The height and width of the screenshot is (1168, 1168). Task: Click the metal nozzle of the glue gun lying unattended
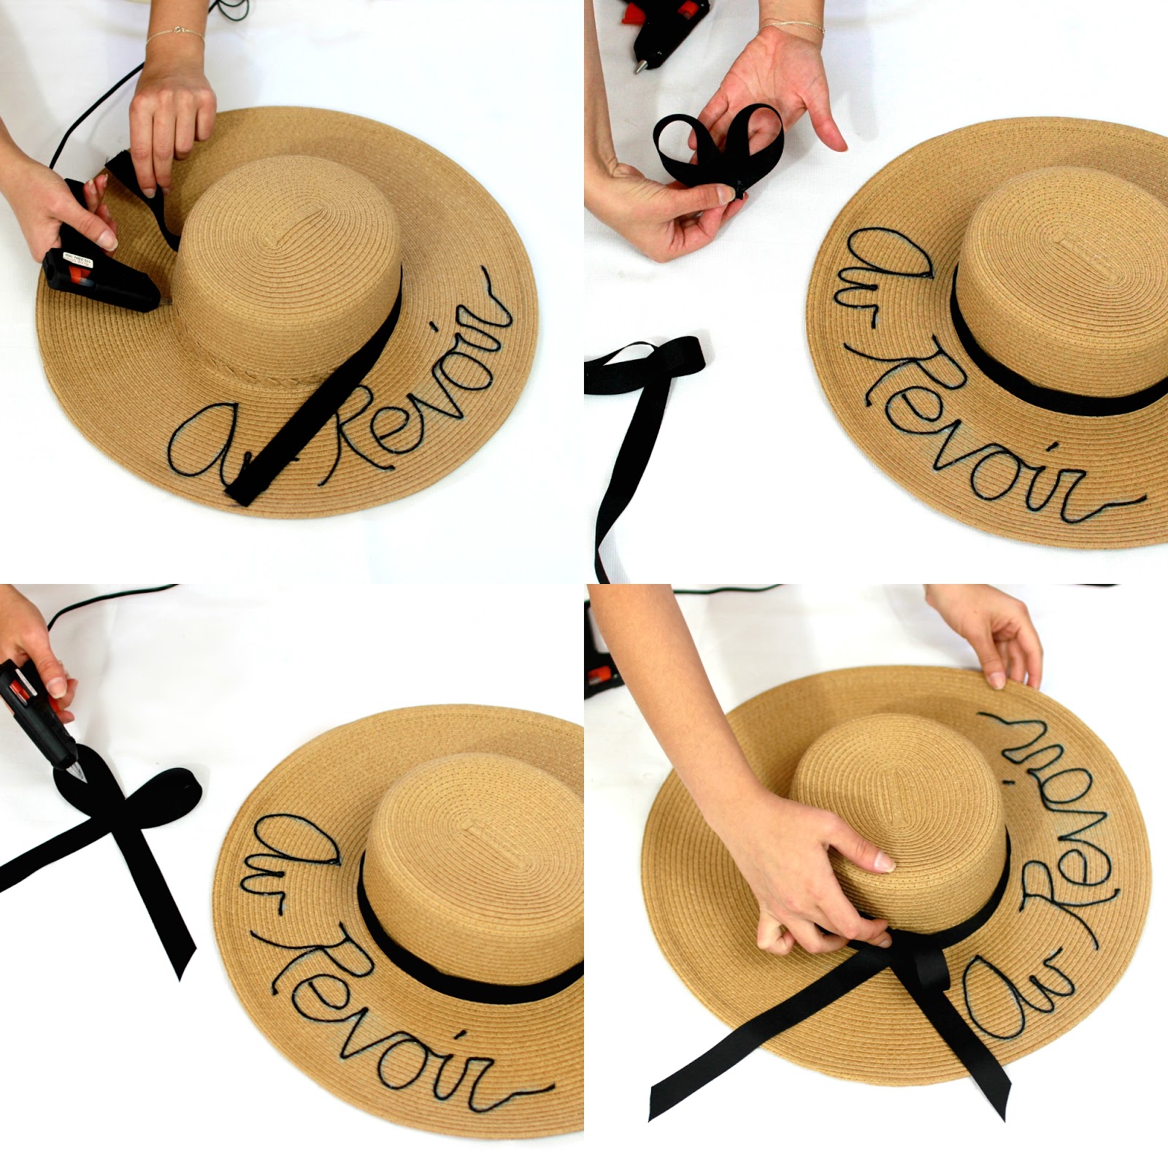[639, 66]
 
